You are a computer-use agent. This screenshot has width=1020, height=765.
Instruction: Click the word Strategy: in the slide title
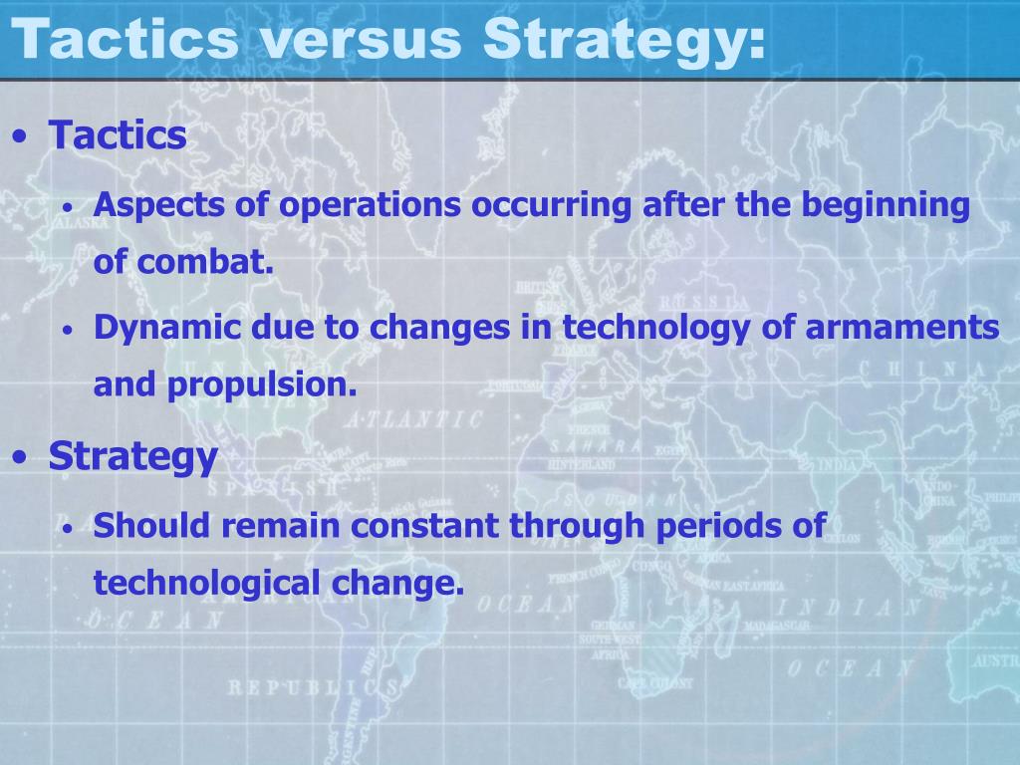click(x=625, y=40)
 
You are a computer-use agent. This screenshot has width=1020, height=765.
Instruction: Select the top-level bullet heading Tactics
click(x=118, y=135)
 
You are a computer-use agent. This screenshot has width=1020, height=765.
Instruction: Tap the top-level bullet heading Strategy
click(x=132, y=457)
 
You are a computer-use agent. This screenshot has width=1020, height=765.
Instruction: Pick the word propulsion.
click(x=262, y=385)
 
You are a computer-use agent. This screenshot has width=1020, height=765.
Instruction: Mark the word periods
click(x=719, y=525)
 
